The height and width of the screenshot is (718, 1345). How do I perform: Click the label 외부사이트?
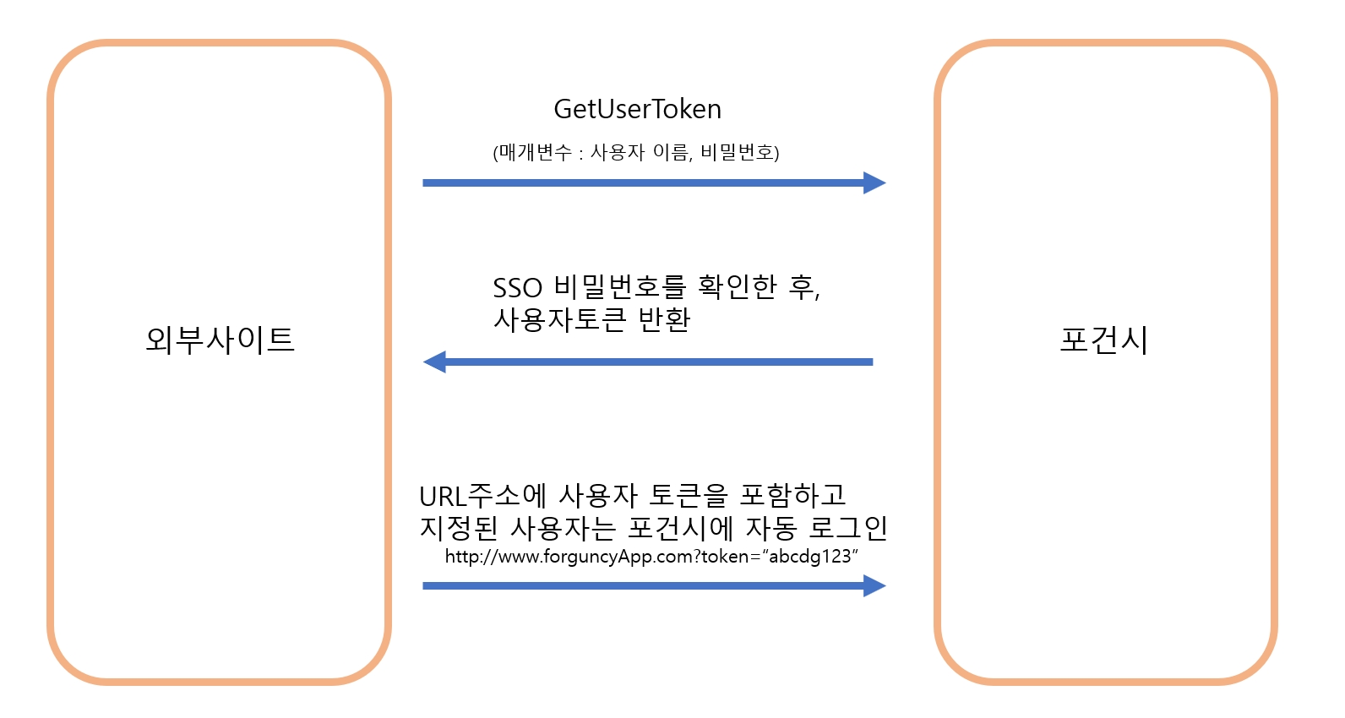(x=220, y=340)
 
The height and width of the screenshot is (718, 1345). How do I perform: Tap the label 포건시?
(x=1103, y=340)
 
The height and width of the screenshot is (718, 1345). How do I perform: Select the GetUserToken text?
(x=637, y=109)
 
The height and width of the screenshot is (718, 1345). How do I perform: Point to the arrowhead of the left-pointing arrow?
(x=435, y=362)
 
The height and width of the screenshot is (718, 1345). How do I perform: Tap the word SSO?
(x=517, y=288)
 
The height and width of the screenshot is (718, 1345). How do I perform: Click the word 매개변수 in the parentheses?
(x=534, y=153)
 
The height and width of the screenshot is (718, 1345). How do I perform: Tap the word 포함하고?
(x=792, y=495)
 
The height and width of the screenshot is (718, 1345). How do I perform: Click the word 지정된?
(x=459, y=528)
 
